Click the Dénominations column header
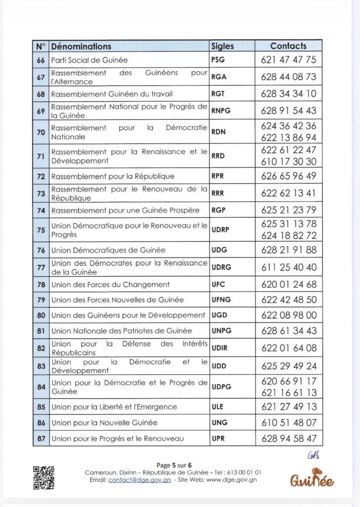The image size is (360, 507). coord(81,47)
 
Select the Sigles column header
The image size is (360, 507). coord(222,47)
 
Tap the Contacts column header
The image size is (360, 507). coord(288,46)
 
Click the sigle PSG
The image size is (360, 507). coord(218,60)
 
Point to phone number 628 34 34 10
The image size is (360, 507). coord(288,94)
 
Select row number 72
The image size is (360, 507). coord(41,176)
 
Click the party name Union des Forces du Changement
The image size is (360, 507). coord(110,285)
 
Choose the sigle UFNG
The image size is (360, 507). coord(221,300)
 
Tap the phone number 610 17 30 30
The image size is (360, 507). coord(288,161)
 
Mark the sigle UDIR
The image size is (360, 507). coord(220,348)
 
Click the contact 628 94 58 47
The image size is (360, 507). coord(288,439)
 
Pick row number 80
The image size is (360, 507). coord(41,315)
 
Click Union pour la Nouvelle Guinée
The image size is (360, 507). coord(104,423)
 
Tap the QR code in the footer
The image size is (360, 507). coord(44,478)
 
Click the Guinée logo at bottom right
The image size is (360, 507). coord(312,478)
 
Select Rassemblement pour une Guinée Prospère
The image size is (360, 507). coord(125,210)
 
